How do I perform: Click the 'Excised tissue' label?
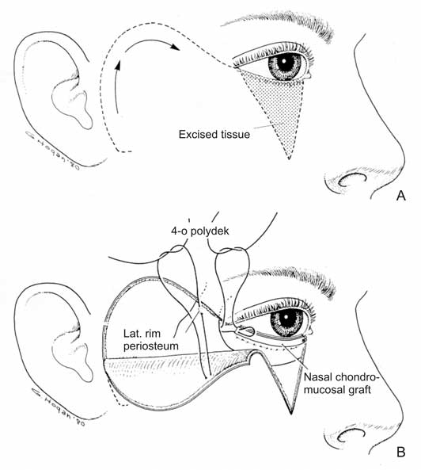click(x=214, y=134)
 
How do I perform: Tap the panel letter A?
click(x=401, y=196)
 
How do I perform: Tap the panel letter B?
click(x=401, y=452)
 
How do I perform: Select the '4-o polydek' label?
click(x=200, y=231)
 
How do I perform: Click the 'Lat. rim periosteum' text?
click(x=151, y=339)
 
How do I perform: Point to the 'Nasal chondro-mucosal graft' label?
click(x=341, y=384)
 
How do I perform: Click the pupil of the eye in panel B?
click(x=286, y=317)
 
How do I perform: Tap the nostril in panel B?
click(x=351, y=435)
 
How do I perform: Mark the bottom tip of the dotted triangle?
click(x=289, y=159)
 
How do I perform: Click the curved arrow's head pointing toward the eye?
click(x=175, y=48)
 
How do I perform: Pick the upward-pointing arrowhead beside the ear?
click(x=119, y=64)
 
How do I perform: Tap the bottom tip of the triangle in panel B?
click(x=291, y=414)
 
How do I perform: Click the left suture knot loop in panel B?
click(x=173, y=251)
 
